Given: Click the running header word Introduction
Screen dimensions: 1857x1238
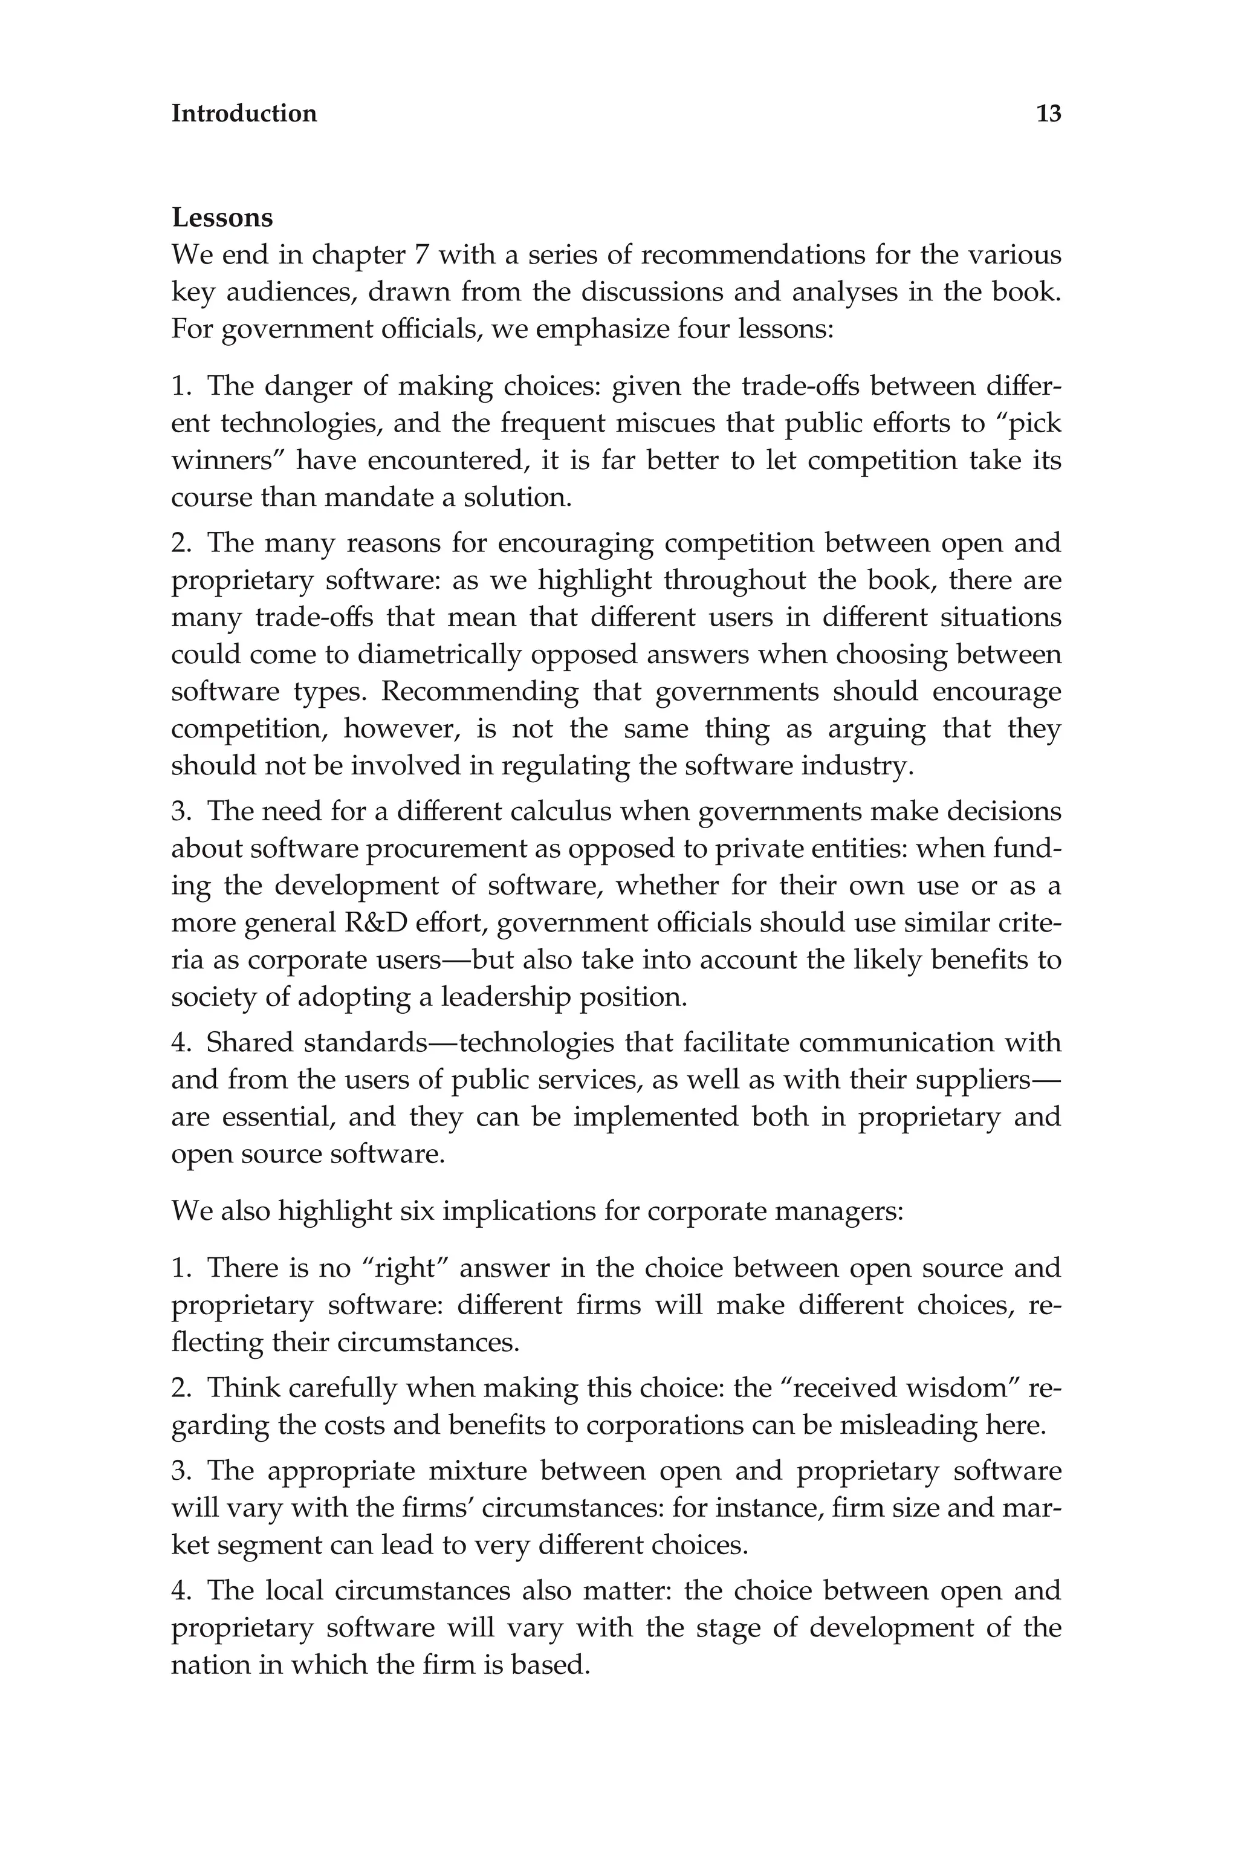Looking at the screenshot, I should tap(244, 114).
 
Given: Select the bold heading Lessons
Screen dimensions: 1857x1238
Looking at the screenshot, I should tap(222, 217).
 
